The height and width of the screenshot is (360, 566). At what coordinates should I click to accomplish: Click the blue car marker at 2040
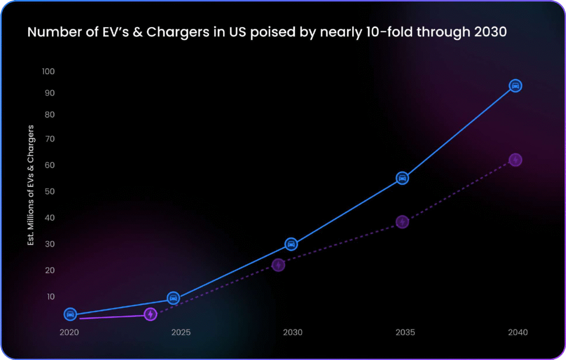(x=515, y=86)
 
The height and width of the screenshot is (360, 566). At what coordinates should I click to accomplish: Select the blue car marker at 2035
(x=402, y=178)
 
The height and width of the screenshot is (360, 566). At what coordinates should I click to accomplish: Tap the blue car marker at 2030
(x=291, y=244)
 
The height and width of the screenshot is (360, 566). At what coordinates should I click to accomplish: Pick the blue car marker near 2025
(x=173, y=298)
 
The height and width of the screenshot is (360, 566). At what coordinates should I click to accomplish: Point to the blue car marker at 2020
(x=70, y=314)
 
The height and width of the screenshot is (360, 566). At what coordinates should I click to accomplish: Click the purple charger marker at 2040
(x=515, y=160)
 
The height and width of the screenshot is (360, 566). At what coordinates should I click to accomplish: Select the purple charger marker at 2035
(x=402, y=222)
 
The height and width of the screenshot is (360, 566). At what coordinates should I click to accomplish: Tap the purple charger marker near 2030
(x=279, y=265)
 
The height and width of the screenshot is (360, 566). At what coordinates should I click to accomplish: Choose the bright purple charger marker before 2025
(x=150, y=314)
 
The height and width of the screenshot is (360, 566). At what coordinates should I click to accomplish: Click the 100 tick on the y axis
(x=48, y=71)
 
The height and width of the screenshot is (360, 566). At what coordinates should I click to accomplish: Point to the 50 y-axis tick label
(x=50, y=191)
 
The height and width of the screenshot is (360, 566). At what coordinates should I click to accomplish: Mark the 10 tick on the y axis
(x=50, y=296)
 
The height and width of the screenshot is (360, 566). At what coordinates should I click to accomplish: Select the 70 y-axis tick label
(x=50, y=139)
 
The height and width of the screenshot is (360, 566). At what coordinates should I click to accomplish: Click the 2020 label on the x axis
(x=69, y=332)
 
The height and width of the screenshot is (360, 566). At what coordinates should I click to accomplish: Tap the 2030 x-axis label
(x=292, y=332)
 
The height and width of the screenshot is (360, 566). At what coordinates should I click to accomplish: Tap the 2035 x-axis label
(x=405, y=332)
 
